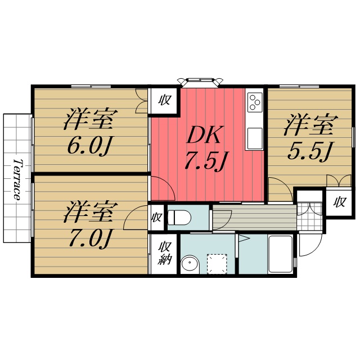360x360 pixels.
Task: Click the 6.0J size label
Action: point(89,146)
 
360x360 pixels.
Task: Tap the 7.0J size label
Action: point(89,238)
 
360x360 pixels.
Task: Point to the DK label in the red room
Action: point(206,136)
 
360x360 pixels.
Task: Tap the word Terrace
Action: point(17,179)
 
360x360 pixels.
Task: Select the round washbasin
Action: point(190,264)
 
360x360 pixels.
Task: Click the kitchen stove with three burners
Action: point(254,102)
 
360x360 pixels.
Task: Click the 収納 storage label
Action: point(164,253)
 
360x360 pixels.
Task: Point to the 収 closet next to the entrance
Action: point(340,202)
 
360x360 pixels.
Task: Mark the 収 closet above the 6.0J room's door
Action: point(164,101)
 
